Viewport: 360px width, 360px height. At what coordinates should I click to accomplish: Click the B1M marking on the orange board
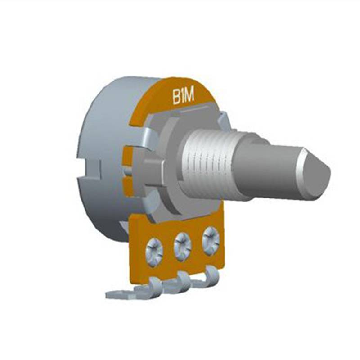184,97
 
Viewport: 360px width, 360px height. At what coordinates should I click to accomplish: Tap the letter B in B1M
176,97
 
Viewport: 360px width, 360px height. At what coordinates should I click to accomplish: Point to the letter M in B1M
189,95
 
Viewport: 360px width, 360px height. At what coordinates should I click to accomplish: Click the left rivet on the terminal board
154,252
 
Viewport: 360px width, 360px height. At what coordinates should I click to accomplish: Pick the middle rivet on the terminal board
183,247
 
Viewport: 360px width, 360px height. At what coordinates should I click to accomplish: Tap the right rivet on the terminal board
211,241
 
